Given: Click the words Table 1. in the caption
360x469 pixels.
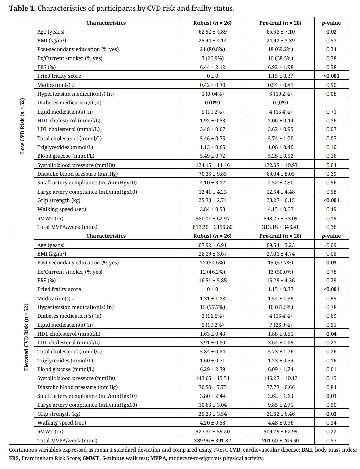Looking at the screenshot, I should pos(22,8).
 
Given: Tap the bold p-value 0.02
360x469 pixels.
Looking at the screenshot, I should pos(331,32).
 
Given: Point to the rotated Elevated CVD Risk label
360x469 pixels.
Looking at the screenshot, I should pos(26,337).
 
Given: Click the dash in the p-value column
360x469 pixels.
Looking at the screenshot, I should pos(331,103).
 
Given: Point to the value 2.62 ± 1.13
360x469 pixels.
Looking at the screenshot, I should pos(280,396).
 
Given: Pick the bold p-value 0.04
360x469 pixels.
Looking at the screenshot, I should pos(331,334).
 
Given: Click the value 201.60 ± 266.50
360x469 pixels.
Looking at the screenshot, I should pos(280,440).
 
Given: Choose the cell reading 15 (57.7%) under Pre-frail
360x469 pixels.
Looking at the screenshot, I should pos(280,263).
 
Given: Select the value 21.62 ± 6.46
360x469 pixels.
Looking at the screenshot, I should pos(280,414).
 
